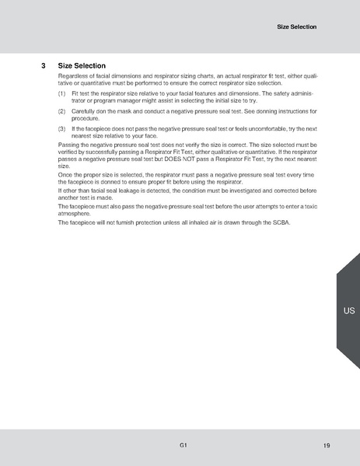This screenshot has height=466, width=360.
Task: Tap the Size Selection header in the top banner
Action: coord(297,27)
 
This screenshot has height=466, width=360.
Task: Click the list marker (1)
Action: coord(62,93)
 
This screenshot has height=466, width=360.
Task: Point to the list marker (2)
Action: coord(62,111)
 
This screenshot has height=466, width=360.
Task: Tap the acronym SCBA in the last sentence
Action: coord(277,223)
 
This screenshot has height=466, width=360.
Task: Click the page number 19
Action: coord(327,445)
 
